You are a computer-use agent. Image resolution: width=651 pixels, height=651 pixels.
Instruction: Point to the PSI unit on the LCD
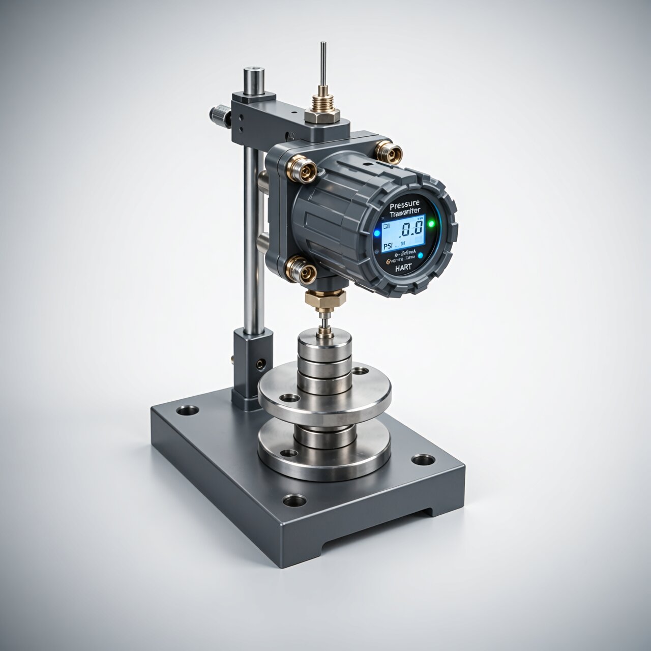click(388, 246)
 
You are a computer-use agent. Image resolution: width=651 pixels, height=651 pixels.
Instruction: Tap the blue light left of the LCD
click(377, 232)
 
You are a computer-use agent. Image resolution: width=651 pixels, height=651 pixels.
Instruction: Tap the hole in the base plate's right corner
click(423, 460)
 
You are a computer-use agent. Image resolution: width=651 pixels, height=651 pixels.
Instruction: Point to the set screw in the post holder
click(261, 363)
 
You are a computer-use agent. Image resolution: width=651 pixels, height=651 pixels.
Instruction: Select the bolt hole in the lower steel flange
click(289, 453)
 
